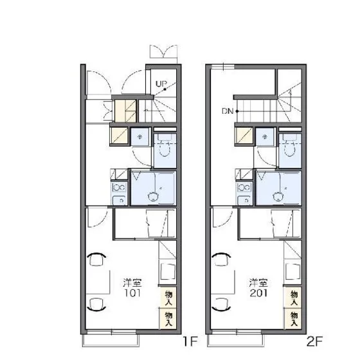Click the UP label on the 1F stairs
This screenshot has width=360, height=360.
(161, 84)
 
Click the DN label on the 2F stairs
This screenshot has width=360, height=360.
(228, 111)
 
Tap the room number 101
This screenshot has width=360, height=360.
(132, 293)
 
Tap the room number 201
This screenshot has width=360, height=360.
(258, 293)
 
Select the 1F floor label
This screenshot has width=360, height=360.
(190, 341)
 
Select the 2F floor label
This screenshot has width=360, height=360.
(314, 341)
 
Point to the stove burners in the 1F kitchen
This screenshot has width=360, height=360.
(119, 188)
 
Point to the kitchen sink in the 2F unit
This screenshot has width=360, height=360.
(244, 201)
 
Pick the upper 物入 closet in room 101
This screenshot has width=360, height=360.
(168, 298)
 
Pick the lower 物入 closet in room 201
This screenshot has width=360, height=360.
(293, 318)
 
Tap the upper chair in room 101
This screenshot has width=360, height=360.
(96, 259)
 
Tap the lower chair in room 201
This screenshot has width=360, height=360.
(221, 305)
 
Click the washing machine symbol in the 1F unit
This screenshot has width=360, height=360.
(140, 137)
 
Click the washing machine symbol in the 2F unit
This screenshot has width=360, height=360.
(265, 137)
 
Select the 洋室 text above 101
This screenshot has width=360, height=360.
(132, 283)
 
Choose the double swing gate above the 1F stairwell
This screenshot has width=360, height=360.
(163, 51)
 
